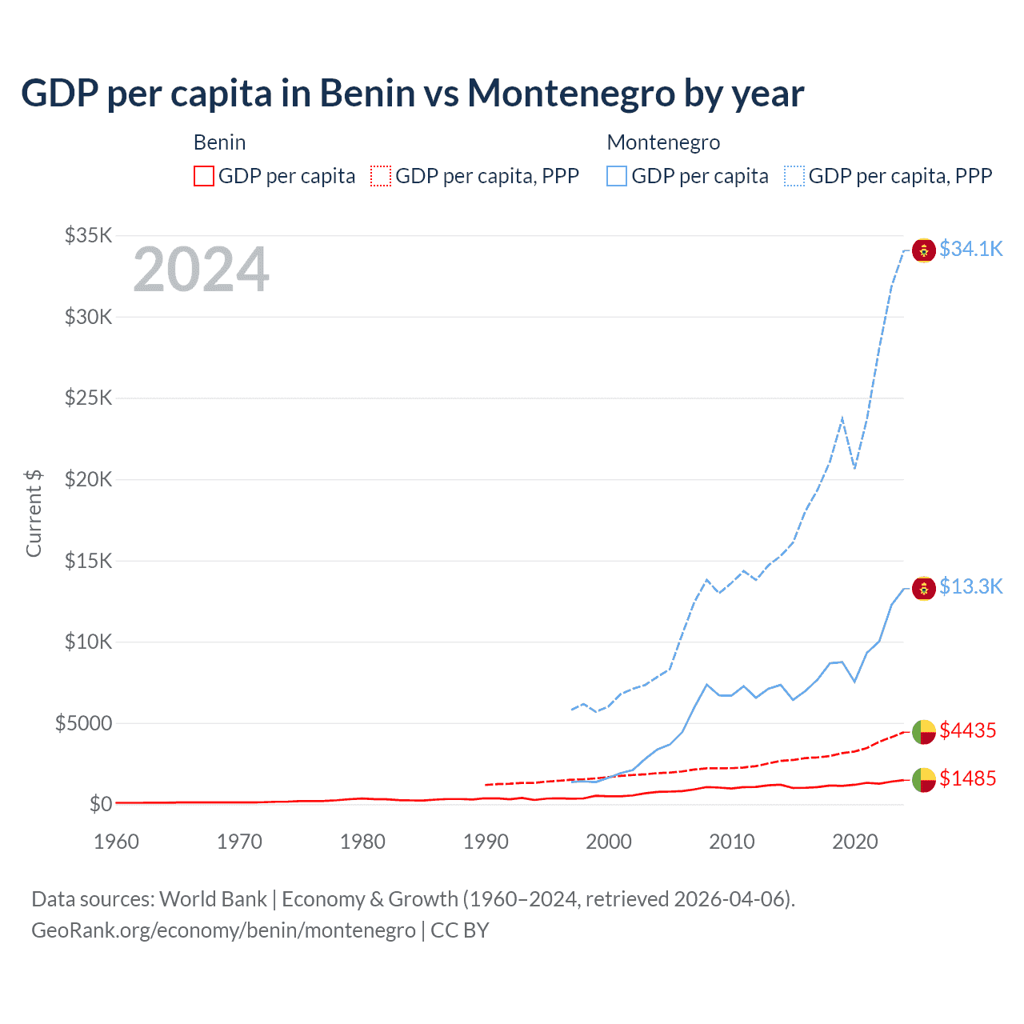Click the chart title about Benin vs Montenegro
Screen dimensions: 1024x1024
point(412,94)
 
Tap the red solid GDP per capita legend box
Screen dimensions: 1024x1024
point(204,176)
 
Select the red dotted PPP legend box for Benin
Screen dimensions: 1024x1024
point(381,176)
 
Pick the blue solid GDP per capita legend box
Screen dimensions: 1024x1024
point(617,176)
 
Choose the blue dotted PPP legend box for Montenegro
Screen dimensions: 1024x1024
point(794,176)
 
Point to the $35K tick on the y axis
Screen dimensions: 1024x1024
point(89,235)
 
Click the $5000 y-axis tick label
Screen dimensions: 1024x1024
point(83,723)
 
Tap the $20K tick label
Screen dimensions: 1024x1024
point(89,479)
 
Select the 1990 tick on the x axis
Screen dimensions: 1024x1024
point(486,842)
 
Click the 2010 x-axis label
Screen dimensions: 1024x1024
point(732,842)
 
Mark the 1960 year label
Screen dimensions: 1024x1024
point(117,842)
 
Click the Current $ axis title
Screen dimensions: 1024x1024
point(34,514)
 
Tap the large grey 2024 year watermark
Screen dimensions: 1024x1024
point(201,270)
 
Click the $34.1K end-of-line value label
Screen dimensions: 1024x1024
point(970,249)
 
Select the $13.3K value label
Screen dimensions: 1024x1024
point(970,586)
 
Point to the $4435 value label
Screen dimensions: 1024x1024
point(967,730)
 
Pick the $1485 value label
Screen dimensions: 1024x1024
point(967,778)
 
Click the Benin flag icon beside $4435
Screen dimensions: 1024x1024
point(924,731)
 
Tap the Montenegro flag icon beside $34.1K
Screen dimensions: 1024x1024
point(924,250)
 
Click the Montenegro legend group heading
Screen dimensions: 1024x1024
point(663,142)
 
